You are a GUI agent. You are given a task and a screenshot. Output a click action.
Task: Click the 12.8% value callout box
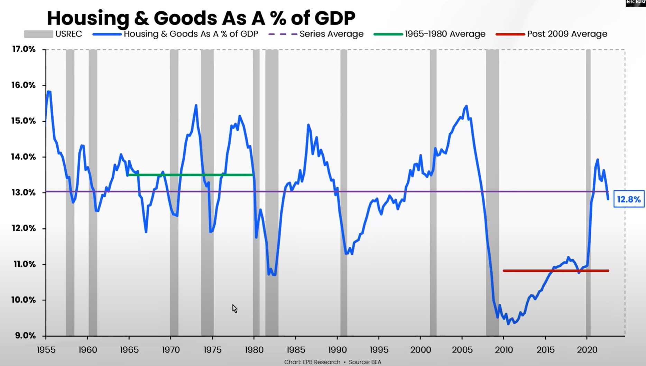[628, 199]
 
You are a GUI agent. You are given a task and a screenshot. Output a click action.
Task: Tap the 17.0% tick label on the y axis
[24, 49]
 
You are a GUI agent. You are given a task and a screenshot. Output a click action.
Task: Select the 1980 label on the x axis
[254, 350]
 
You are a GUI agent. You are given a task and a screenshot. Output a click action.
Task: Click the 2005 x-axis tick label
[462, 350]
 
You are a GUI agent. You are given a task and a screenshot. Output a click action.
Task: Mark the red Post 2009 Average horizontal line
[555, 271]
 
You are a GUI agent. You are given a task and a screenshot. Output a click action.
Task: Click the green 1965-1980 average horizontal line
[190, 175]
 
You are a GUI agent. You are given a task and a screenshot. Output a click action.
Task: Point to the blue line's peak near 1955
[49, 92]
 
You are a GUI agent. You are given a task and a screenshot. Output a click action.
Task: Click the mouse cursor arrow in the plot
[234, 308]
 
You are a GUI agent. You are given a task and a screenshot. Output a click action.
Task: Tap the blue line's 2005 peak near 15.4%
[467, 106]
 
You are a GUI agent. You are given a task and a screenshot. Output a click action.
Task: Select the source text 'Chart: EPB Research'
[312, 362]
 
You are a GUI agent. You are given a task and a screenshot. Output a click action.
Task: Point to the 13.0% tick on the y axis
[24, 193]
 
